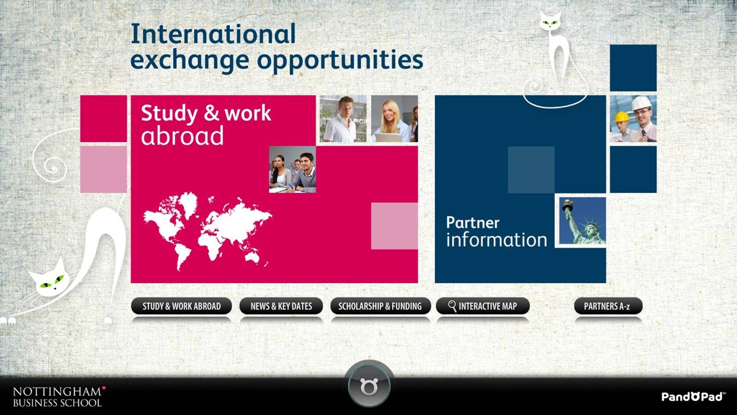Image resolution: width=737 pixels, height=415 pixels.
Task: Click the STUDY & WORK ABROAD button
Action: (x=181, y=306)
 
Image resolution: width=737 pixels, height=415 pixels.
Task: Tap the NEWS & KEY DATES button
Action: (x=281, y=306)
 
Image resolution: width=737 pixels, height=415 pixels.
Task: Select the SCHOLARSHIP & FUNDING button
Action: (x=380, y=306)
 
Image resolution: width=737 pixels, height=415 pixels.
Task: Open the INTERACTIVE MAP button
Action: (x=483, y=306)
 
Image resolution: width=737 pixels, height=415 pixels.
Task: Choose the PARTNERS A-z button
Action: (x=608, y=306)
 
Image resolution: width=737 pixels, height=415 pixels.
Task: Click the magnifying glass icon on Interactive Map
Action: (x=452, y=306)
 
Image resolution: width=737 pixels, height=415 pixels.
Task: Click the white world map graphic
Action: (x=207, y=231)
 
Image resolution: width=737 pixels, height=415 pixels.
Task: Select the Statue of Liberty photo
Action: (x=582, y=221)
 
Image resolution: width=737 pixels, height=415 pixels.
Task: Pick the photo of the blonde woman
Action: (x=394, y=119)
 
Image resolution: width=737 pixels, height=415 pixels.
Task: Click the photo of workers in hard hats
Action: (x=633, y=119)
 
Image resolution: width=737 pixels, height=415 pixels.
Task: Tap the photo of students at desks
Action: (x=292, y=170)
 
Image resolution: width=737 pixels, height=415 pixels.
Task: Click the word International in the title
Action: (x=213, y=34)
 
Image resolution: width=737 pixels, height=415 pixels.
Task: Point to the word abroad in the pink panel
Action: (x=182, y=136)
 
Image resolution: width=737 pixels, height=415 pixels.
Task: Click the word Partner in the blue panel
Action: (x=473, y=223)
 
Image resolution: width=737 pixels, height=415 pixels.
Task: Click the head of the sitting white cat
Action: (x=550, y=20)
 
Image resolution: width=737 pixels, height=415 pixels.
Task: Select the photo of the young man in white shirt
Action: (x=343, y=119)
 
